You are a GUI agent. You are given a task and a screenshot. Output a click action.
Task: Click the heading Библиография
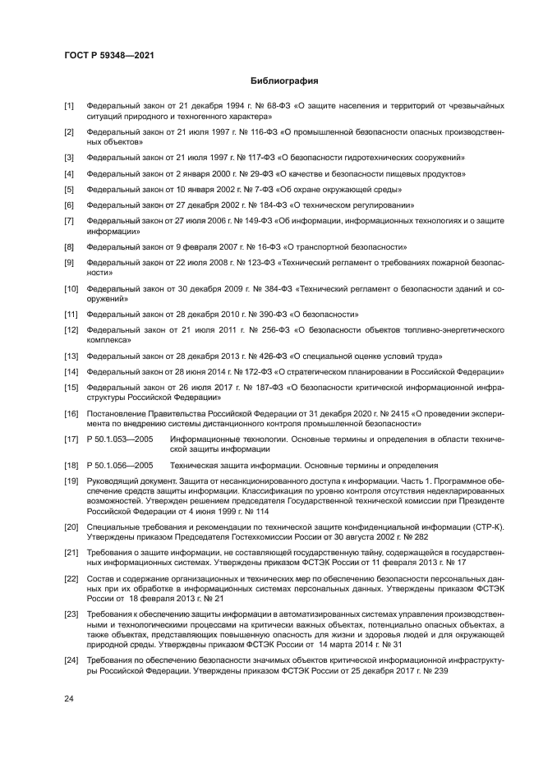tap(283, 81)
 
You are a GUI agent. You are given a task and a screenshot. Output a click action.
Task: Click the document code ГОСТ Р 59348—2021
tap(110, 55)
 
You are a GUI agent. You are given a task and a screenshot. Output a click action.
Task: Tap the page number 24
tap(70, 698)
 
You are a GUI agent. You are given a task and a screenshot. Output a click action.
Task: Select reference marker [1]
tap(70, 107)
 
